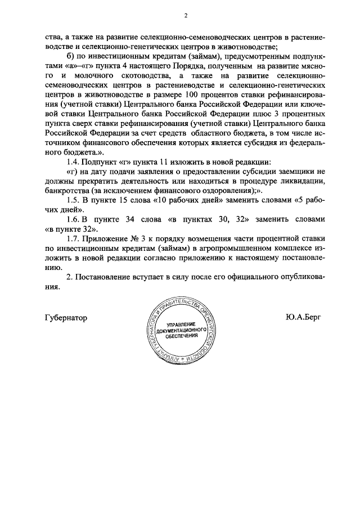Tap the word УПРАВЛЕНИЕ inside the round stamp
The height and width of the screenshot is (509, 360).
point(179,325)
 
